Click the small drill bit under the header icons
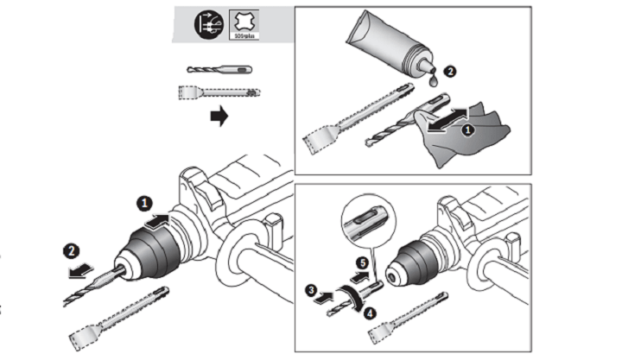click(x=218, y=69)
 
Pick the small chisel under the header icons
click(x=218, y=92)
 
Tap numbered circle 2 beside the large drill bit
click(x=72, y=253)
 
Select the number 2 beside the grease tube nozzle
click(x=447, y=74)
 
